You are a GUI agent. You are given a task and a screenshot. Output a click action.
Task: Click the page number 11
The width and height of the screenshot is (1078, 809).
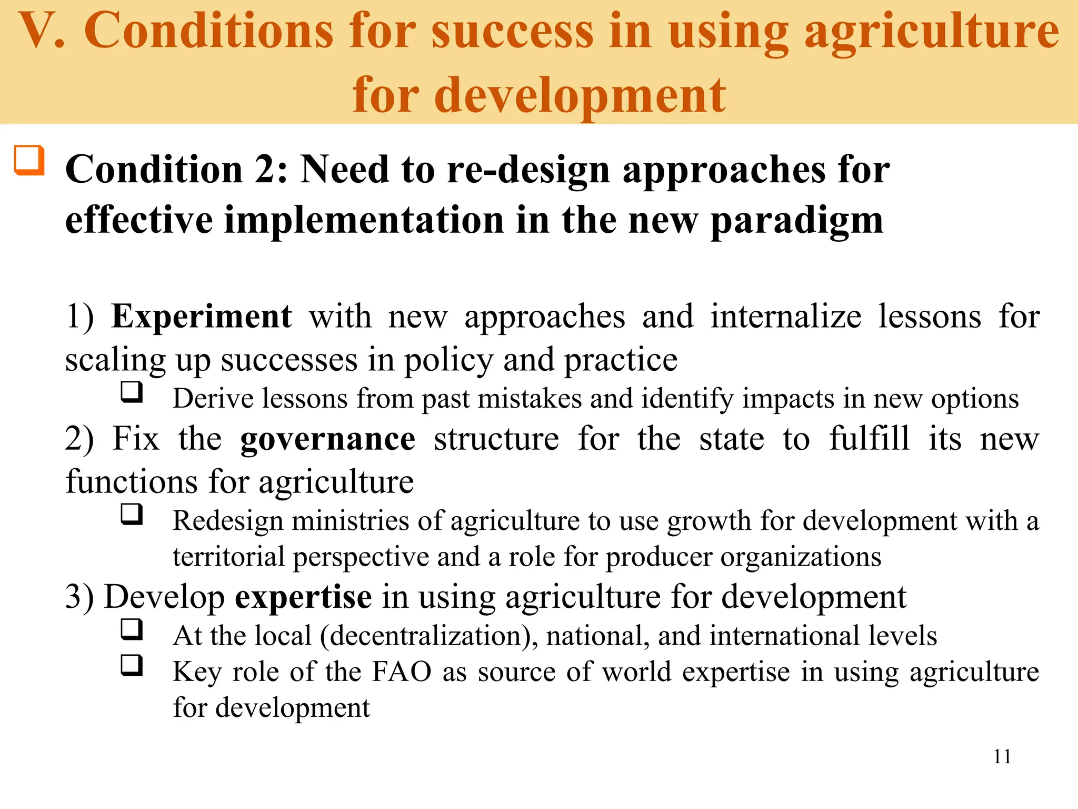click(1002, 757)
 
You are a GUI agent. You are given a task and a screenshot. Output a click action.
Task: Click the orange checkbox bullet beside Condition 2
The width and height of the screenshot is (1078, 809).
click(29, 160)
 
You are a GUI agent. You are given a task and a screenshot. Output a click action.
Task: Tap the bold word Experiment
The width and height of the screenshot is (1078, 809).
click(201, 317)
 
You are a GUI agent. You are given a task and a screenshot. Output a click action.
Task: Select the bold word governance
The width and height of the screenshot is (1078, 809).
click(327, 439)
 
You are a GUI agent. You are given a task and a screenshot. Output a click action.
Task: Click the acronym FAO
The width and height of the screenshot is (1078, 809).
click(402, 672)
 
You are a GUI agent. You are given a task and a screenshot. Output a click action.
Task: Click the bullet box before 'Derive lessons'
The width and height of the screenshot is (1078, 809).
click(132, 392)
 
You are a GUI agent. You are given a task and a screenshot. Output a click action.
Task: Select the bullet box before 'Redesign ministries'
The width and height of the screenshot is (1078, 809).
click(132, 514)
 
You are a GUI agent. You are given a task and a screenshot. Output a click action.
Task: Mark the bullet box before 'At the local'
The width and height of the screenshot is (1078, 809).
click(132, 629)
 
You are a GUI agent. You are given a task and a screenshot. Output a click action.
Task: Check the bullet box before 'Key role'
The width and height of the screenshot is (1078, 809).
click(132, 665)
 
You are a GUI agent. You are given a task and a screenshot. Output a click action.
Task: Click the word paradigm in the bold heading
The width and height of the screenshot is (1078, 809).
click(796, 221)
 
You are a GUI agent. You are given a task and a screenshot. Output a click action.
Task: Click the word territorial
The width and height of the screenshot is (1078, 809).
click(228, 557)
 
